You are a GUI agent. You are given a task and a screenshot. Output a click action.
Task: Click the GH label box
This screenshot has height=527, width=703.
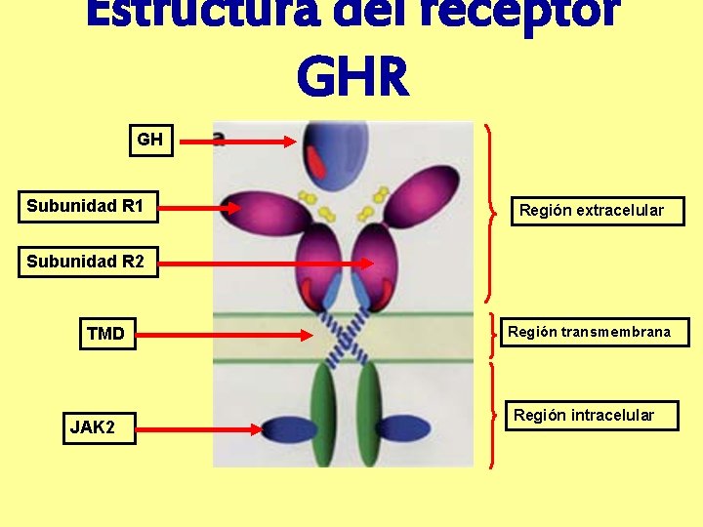pyautogui.click(x=150, y=140)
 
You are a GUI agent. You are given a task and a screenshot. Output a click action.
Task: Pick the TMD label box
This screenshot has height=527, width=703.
pyautogui.click(x=106, y=334)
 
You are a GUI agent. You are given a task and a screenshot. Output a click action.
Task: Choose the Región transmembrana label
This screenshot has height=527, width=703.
pyautogui.click(x=589, y=332)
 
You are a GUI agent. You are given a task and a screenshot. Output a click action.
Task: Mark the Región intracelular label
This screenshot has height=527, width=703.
pyautogui.click(x=584, y=416)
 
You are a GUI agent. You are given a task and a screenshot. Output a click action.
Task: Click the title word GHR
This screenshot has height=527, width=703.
pyautogui.click(x=351, y=78)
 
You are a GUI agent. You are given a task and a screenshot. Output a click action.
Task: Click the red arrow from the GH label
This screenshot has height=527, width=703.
pyautogui.click(x=239, y=142)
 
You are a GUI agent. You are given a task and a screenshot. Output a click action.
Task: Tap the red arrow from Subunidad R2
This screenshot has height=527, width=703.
pyautogui.click(x=264, y=262)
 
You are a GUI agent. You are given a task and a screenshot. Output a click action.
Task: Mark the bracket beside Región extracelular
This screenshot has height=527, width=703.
pyautogui.click(x=489, y=210)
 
